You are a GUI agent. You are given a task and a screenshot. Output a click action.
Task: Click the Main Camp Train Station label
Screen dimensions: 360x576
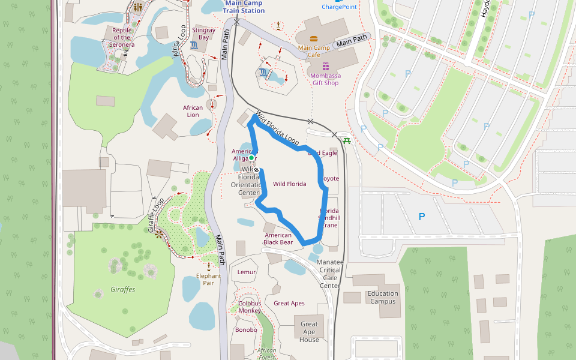click(x=244, y=7)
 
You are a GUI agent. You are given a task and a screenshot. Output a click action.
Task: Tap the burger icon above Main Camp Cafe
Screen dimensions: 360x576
click(x=314, y=38)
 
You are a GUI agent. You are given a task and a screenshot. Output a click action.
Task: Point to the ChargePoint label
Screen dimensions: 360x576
click(x=339, y=7)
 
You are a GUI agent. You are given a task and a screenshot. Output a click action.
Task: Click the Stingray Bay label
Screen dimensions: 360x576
click(x=204, y=33)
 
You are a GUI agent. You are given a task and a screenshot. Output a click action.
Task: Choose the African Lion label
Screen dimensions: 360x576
click(x=193, y=111)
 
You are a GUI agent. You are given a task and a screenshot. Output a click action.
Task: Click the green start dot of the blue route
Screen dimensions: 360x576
click(x=252, y=158)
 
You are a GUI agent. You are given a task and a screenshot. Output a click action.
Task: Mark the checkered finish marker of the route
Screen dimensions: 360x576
click(x=257, y=170)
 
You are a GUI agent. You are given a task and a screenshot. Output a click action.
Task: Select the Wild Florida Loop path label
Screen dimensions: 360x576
click(x=277, y=127)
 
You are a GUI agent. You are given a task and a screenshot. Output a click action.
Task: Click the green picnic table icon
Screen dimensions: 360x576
click(x=347, y=141)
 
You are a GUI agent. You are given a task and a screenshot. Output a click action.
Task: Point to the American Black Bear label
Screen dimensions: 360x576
click(x=278, y=239)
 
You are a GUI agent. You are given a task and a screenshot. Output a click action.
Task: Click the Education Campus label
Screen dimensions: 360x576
click(x=383, y=298)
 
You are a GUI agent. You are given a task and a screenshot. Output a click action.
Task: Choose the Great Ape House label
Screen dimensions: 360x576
click(x=309, y=332)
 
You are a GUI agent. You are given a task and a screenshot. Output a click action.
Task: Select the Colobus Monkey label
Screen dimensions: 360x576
click(x=250, y=307)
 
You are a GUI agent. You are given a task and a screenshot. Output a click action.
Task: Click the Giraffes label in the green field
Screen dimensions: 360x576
click(x=122, y=289)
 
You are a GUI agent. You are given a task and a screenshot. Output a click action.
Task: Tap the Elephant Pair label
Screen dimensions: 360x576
click(x=208, y=280)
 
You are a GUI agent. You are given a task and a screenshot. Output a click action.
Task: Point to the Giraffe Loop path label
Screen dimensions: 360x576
click(x=155, y=215)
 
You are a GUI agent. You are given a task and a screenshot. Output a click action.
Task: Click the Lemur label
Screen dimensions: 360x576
click(x=247, y=272)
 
